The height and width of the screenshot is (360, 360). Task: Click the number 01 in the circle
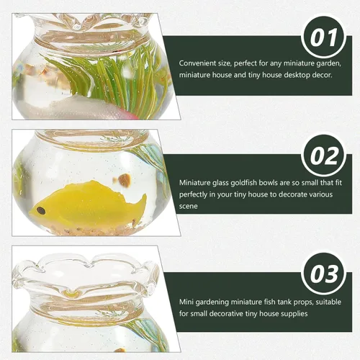point(323,37)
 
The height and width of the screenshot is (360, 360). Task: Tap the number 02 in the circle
point(324,156)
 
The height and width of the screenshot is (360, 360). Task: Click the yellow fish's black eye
point(41,210)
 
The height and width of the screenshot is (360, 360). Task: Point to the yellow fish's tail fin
point(140,204)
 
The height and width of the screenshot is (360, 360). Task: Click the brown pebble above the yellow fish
point(125,180)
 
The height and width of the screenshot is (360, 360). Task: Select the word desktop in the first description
point(297,76)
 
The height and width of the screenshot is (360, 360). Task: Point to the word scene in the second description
point(189,207)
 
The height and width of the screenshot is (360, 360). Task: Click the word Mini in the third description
point(186,302)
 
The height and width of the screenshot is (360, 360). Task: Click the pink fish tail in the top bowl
point(132,115)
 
